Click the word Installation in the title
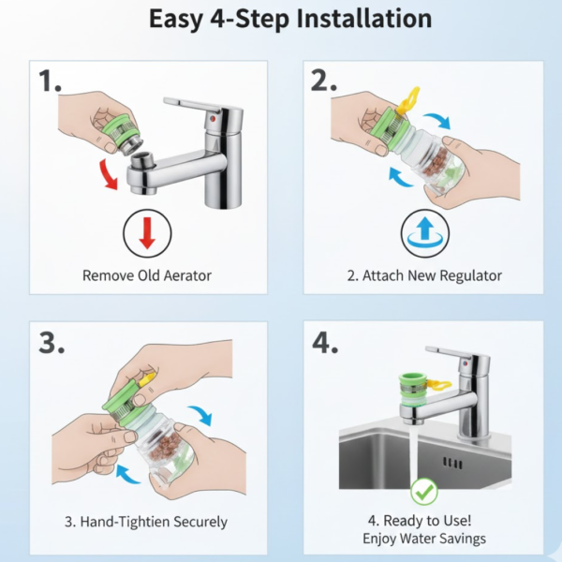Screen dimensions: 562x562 pos(364,19)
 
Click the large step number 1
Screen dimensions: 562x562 pos(50,81)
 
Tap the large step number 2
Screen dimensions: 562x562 pos(324,81)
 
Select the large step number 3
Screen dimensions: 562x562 pos(52,343)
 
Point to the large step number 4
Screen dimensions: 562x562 pos(325,343)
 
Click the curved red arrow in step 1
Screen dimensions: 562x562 pos(108,174)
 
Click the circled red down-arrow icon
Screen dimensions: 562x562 pos(147,233)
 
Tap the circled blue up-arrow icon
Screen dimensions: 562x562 pos(424,233)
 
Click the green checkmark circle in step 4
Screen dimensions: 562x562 pos(424,492)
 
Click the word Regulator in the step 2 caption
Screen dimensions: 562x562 pos(470,275)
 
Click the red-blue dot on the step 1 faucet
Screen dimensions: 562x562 pos(213,117)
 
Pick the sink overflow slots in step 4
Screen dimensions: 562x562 pos(452,463)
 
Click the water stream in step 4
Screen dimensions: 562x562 pos(415,452)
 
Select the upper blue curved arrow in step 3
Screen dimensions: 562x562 pos(200,415)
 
